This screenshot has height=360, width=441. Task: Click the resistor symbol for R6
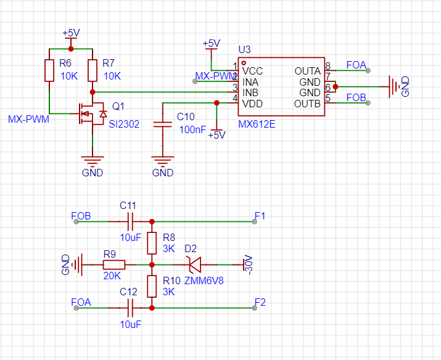click(49, 70)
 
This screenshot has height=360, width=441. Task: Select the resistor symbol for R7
click(93, 70)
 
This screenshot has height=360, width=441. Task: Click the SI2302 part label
click(124, 125)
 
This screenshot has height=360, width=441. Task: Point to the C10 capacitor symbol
click(163, 125)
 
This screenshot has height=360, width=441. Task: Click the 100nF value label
click(192, 129)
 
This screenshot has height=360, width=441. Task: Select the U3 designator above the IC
click(244, 50)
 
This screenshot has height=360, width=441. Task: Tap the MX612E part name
click(257, 125)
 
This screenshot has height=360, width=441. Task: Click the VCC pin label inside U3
click(252, 71)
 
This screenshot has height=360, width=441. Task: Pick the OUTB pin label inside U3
click(307, 104)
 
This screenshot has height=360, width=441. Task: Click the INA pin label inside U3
click(250, 82)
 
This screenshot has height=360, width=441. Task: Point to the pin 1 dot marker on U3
click(244, 63)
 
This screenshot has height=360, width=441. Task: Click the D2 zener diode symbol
click(195, 264)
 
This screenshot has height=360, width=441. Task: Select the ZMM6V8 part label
click(204, 280)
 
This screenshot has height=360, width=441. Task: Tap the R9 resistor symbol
click(114, 264)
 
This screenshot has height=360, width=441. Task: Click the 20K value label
click(112, 276)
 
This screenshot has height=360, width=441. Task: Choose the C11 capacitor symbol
click(130, 221)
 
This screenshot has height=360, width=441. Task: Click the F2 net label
click(260, 303)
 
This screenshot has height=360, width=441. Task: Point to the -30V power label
click(249, 264)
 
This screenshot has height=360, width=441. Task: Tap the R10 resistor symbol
click(152, 287)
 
